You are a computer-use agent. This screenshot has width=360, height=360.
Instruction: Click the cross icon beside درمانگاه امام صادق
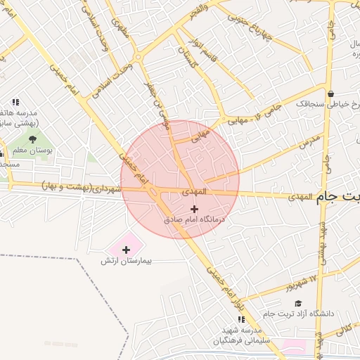(195, 209)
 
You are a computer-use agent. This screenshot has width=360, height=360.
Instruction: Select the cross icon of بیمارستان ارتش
(126, 249)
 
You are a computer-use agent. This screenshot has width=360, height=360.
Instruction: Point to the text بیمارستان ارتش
(127, 261)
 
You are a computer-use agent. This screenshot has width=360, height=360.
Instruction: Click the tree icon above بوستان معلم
(32, 139)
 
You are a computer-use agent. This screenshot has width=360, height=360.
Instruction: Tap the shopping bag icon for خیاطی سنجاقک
(330, 93)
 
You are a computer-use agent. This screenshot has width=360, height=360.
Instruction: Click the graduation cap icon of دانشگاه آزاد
(298, 303)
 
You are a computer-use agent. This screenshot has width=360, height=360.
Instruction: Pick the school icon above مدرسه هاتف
(15, 103)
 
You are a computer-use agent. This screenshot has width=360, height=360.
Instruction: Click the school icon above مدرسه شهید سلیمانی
(241, 320)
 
